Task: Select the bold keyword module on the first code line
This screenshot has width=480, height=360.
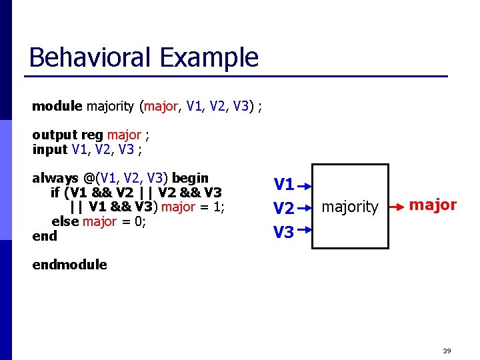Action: [x=57, y=106]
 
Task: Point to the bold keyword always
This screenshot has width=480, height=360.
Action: [x=54, y=179]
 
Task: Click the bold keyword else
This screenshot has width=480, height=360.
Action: [x=65, y=221]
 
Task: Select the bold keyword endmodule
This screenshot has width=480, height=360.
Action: [x=69, y=265]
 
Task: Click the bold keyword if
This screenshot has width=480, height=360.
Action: [x=55, y=193]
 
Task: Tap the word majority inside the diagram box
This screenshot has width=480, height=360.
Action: [x=350, y=207]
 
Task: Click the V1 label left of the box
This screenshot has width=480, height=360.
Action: [x=284, y=184]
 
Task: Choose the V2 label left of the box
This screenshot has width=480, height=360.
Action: [x=284, y=209]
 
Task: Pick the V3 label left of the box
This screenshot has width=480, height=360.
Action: [x=284, y=232]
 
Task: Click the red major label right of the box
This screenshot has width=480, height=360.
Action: [x=433, y=205]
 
